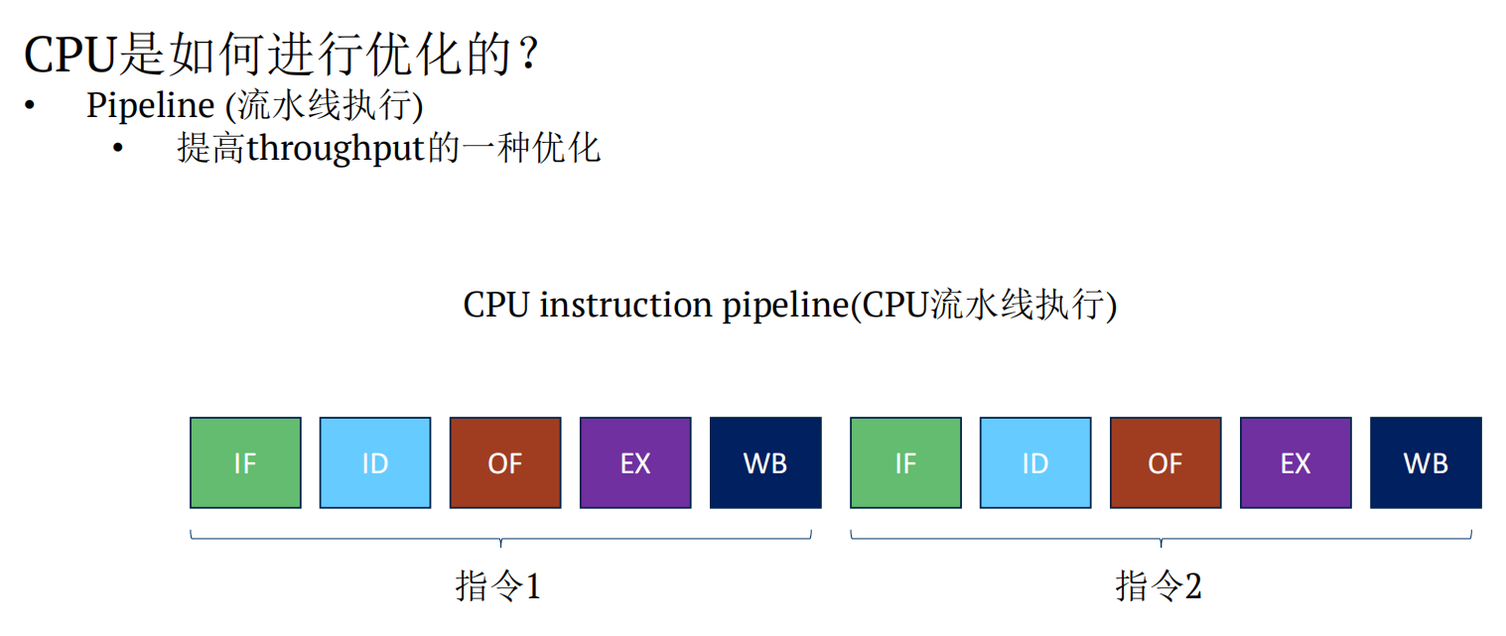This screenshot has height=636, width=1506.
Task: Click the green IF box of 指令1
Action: tap(245, 462)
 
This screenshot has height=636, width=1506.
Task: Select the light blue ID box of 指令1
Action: tap(375, 462)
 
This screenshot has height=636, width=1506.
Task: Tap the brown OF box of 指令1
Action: tap(505, 462)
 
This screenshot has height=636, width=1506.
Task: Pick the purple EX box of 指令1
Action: tap(635, 462)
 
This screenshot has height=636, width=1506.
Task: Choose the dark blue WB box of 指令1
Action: tap(765, 462)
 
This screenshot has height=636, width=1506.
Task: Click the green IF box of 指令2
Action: tap(905, 462)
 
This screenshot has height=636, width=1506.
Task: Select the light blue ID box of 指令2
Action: tap(1035, 462)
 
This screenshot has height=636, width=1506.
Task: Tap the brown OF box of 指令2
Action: tap(1165, 462)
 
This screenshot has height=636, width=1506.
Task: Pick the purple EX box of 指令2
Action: tap(1296, 462)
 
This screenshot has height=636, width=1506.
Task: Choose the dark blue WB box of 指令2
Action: tap(1426, 462)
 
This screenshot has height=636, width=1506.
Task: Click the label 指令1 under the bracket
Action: tap(498, 586)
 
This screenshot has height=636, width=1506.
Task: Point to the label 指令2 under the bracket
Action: tap(1159, 586)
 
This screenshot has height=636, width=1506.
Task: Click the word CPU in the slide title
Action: tap(69, 56)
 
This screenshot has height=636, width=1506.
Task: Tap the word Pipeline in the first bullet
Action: tap(150, 105)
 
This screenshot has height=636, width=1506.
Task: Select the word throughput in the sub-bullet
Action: tap(335, 149)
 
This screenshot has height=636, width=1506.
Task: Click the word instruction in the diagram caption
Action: tap(625, 305)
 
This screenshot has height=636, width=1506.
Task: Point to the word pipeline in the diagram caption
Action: tap(782, 306)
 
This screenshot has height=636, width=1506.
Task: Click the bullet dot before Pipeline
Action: tap(31, 105)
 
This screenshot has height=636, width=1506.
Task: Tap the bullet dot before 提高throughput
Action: tap(119, 149)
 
